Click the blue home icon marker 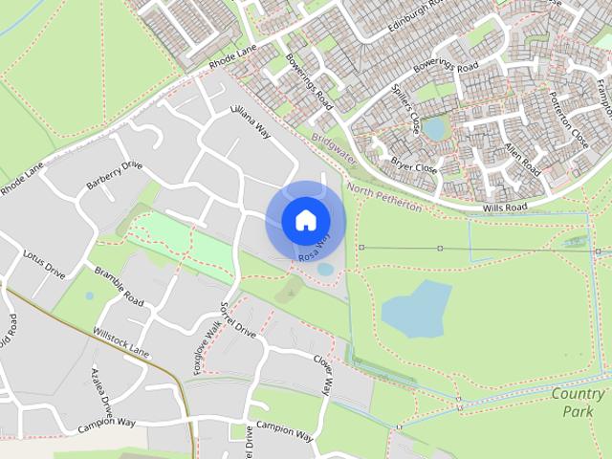(x=305, y=220)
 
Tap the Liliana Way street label (x=251, y=122)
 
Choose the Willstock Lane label (x=121, y=339)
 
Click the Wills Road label (x=505, y=206)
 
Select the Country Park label (x=579, y=403)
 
